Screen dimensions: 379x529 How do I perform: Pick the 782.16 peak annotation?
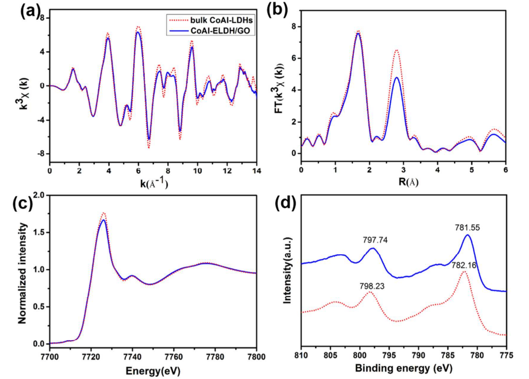464,265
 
